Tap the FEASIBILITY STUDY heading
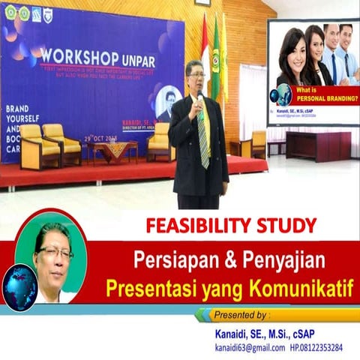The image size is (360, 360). (231, 225)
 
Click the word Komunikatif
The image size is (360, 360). (300, 288)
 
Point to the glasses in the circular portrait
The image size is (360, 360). (55, 253)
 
